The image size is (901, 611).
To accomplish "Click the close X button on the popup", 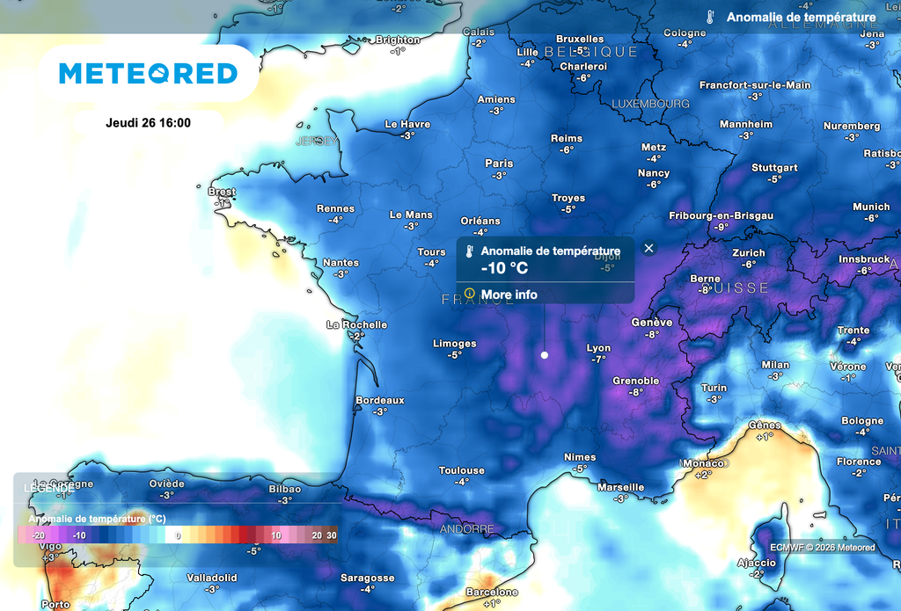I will coord(649,248).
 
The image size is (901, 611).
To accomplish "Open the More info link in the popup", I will coord(509,295).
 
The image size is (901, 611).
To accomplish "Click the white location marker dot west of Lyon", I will coord(544,355).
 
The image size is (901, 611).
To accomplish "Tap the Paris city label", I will coord(499,164).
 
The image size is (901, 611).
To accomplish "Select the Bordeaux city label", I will coord(379,400).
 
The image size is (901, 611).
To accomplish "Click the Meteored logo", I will coord(149,73).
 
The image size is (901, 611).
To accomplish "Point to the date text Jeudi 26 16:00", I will coord(148,123).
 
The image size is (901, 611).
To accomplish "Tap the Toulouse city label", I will coord(462,470).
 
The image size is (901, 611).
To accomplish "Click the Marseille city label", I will coord(620,487).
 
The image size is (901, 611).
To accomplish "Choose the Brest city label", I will coord(222,192).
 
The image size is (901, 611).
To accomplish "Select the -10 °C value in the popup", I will coord(504,268).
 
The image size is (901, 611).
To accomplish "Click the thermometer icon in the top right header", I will coord(710,18).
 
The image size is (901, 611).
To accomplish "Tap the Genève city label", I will coord(652,323).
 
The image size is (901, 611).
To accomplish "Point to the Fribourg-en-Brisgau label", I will coord(722,215).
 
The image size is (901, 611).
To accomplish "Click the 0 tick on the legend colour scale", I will coord(178,535).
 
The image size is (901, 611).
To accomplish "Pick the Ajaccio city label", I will coord(756,563).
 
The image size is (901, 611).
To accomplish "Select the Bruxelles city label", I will coord(581,39).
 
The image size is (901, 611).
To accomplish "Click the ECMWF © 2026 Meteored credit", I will coord(822,548).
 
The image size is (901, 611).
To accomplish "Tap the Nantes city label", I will coord(341,263).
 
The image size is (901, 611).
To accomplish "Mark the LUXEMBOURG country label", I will coord(650,104).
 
